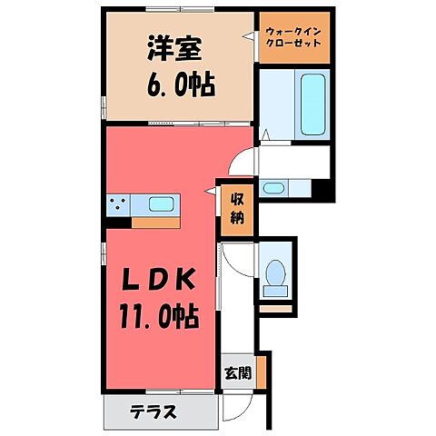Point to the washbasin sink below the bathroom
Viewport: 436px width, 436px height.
point(274,189)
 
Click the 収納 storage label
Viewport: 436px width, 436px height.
point(236,209)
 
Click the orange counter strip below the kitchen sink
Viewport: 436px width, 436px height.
point(157,220)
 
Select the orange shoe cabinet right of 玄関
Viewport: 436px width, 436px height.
point(259,371)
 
